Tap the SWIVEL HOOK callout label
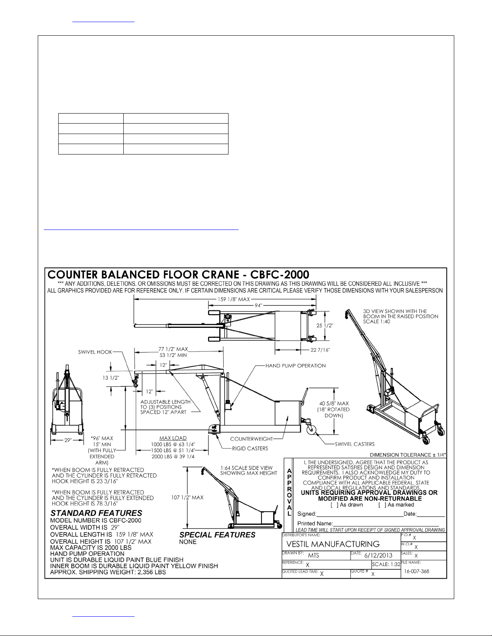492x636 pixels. coord(95,352)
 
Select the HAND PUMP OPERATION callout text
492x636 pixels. coord(296,366)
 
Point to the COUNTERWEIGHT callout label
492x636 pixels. coord(251,439)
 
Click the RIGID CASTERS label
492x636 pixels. coord(250,449)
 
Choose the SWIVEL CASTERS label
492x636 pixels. coord(355,444)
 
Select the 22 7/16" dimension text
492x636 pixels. coord(320,350)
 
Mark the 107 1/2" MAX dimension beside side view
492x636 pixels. coord(187,498)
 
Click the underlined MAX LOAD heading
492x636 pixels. coord(173,438)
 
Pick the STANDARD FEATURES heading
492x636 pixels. coord(96,513)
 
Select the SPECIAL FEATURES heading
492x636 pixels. coord(217,535)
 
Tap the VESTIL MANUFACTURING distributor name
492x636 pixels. coord(333,544)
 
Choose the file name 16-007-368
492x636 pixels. coord(416,571)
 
